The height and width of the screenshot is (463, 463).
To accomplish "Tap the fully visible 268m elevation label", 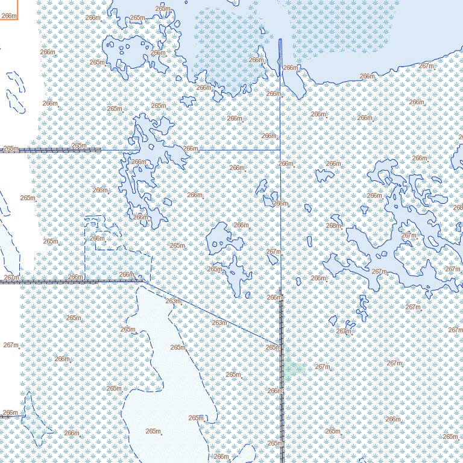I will (x=333, y=225).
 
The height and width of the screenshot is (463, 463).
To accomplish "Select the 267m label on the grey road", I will (x=10, y=277).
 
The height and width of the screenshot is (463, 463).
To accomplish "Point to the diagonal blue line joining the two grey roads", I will (x=211, y=313).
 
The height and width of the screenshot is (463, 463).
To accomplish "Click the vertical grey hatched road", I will (x=281, y=374).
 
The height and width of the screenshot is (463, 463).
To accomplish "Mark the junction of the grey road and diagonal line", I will (x=145, y=280).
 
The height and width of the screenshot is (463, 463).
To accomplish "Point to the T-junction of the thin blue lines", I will (x=281, y=150).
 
